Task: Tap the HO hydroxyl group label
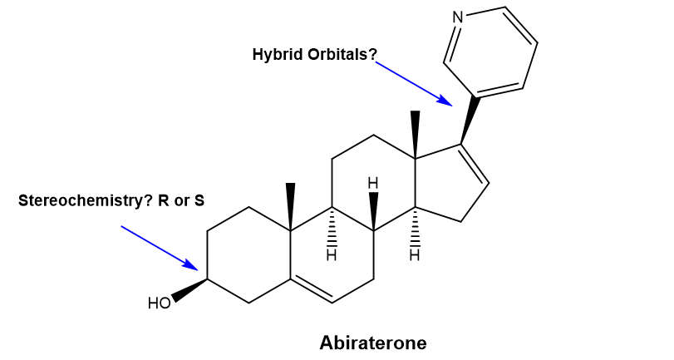(x=159, y=302)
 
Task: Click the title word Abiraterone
(x=372, y=342)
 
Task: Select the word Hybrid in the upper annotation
(x=273, y=55)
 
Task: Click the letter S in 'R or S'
(x=199, y=200)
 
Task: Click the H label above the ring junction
(x=374, y=182)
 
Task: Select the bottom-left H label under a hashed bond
(x=331, y=255)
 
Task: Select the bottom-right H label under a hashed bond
(x=416, y=255)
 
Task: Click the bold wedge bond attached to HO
(x=190, y=290)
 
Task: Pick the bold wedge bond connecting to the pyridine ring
(x=470, y=121)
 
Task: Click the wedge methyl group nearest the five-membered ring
(x=416, y=133)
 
